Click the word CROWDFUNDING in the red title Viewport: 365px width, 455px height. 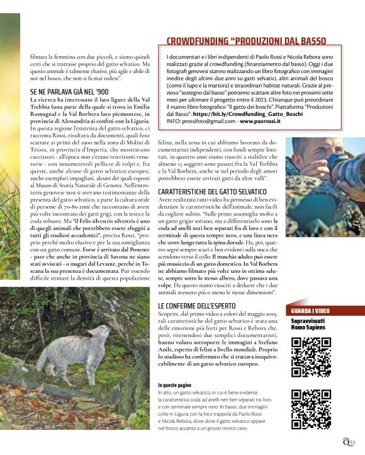(x=196, y=41)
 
